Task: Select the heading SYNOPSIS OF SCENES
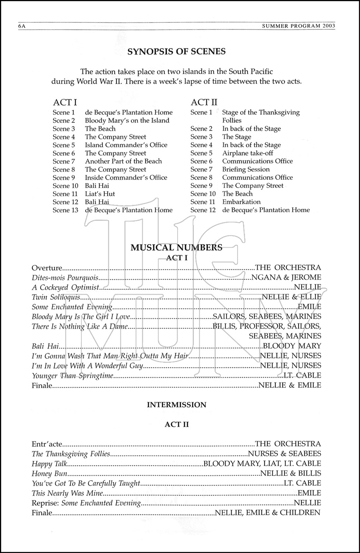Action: click(x=176, y=52)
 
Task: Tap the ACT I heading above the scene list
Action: click(x=65, y=102)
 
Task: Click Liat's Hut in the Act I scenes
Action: click(x=100, y=194)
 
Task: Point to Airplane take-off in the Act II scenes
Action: click(x=248, y=153)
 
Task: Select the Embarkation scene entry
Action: click(x=241, y=202)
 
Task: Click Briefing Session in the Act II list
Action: click(x=246, y=170)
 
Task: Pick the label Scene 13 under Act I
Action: click(x=65, y=210)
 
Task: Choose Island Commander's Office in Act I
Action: click(x=126, y=145)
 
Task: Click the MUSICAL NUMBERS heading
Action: click(x=176, y=247)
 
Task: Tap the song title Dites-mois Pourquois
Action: click(x=65, y=278)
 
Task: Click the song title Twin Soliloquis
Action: click(x=56, y=297)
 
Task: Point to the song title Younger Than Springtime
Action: click(x=72, y=376)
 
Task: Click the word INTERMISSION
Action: click(x=176, y=405)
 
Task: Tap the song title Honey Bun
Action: click(x=49, y=473)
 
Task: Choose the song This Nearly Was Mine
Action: click(x=67, y=493)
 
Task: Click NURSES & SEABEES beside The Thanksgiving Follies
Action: click(x=284, y=454)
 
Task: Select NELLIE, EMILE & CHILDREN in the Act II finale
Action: click(x=267, y=512)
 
